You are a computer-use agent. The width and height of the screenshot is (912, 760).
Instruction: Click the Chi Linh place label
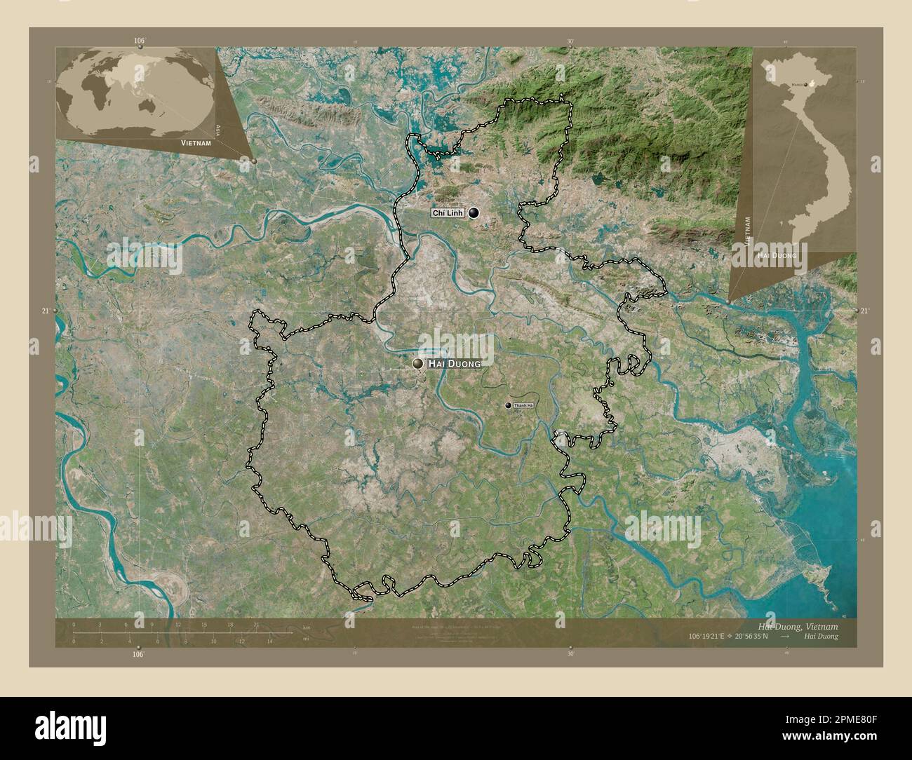[x=447, y=213]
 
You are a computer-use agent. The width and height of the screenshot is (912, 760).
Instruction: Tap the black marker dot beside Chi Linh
[x=474, y=213]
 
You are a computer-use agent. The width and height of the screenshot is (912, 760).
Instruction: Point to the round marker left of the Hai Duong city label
[x=418, y=363]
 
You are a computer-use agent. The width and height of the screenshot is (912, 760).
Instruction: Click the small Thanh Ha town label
[x=523, y=406]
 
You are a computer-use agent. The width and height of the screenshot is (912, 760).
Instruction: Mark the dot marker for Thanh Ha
[x=509, y=405]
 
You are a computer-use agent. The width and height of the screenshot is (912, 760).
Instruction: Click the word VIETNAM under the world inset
[x=196, y=142]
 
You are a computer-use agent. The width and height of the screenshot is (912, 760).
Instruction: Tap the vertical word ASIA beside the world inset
[x=220, y=130]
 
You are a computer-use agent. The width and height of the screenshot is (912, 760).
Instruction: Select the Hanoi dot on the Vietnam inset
[x=805, y=84]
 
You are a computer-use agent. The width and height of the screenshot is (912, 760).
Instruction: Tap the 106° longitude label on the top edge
[x=139, y=41]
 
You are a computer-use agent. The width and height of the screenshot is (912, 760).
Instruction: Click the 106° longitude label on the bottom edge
[x=139, y=654]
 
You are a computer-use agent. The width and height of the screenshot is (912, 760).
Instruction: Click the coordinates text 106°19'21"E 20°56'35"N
[x=729, y=636]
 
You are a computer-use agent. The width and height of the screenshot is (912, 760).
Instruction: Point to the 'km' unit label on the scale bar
[x=306, y=626]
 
